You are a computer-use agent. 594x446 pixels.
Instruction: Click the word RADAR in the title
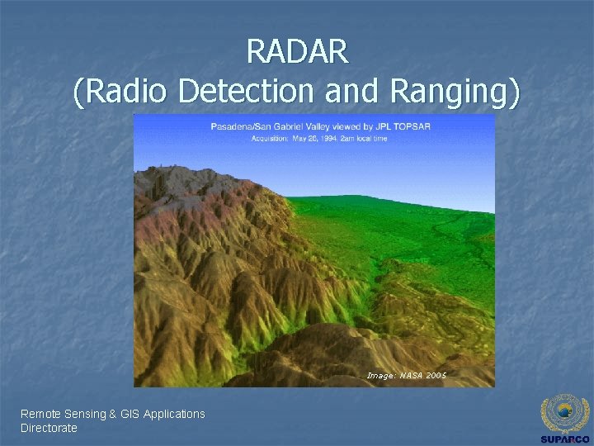coord(297,52)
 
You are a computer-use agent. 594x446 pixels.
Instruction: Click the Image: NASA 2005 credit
coord(406,376)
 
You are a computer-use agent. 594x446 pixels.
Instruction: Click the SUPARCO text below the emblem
coord(564,439)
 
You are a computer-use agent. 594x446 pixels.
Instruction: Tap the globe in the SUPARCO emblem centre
coord(564,410)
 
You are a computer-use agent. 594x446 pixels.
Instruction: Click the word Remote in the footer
coord(40,414)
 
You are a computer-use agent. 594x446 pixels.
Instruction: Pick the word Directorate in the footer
coord(49,428)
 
